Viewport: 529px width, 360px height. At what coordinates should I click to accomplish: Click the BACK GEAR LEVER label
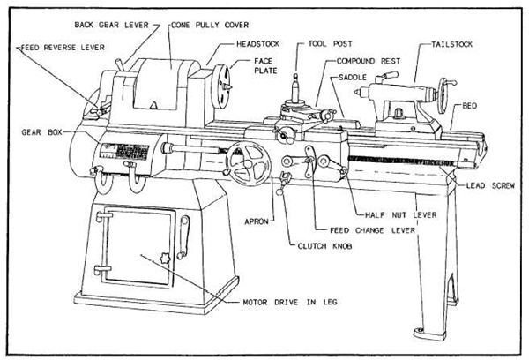111,25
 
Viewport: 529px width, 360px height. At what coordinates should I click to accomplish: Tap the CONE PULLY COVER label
210,25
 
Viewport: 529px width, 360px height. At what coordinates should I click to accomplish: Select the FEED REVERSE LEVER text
63,48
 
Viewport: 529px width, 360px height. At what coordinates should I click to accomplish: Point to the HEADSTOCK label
257,44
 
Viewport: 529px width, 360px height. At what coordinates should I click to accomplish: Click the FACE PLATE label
265,66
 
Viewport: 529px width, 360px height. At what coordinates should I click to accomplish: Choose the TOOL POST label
330,44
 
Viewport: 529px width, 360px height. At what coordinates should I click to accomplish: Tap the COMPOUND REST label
369,61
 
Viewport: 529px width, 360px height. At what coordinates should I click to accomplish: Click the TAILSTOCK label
451,44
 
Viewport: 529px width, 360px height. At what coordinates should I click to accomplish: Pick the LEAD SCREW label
490,185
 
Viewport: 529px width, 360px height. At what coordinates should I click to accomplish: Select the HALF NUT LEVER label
401,214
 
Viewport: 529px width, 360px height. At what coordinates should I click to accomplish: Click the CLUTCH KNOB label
324,246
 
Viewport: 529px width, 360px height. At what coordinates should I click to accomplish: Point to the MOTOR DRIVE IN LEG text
290,302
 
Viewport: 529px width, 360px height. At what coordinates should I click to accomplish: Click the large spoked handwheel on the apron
249,164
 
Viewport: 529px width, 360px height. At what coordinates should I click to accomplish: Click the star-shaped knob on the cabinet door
164,259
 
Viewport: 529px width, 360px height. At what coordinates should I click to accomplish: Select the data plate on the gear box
125,153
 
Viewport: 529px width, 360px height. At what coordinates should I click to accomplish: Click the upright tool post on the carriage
295,88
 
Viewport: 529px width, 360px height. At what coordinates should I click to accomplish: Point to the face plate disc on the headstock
221,86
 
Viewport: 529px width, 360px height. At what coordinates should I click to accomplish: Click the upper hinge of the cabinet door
103,214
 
